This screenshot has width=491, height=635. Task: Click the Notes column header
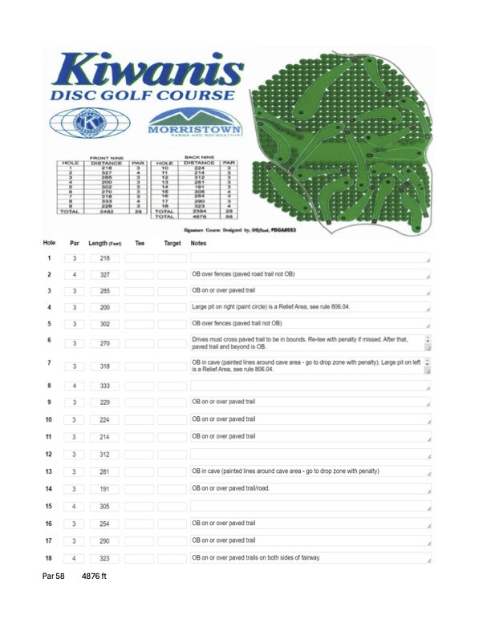click(x=201, y=217)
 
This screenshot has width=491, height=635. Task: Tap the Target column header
click(x=172, y=217)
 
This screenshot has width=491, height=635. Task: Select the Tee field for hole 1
click(x=140, y=236)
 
